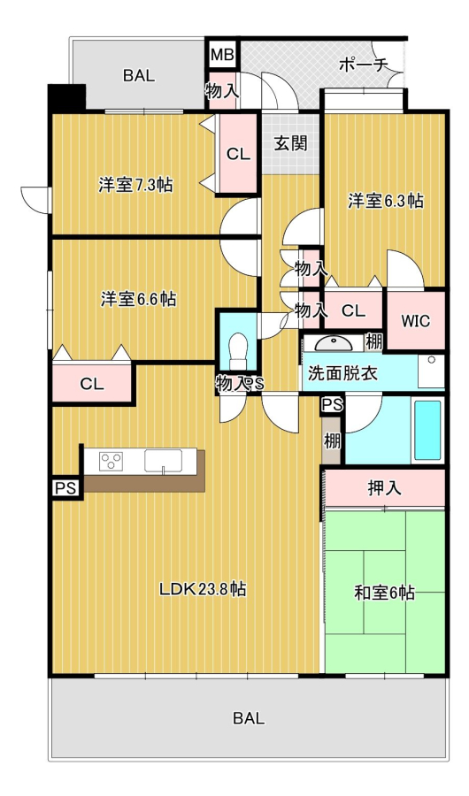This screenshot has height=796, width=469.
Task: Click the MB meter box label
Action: click(x=221, y=54)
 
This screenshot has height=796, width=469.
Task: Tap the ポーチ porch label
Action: click(x=363, y=65)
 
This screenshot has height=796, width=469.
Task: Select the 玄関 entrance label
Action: click(x=291, y=143)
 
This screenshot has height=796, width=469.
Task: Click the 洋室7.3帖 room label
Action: click(x=135, y=185)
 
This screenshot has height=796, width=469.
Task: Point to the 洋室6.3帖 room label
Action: click(x=386, y=201)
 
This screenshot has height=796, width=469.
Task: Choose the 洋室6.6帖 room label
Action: click(x=138, y=299)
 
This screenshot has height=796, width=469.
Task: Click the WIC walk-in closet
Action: click(x=416, y=320)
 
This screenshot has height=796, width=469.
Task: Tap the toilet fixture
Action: click(x=238, y=351)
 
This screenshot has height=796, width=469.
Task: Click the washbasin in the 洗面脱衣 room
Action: click(x=334, y=343)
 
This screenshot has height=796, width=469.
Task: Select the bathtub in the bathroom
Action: click(x=427, y=430)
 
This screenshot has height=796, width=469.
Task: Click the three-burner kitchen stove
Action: click(x=111, y=461)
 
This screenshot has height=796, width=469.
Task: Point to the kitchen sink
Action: click(x=163, y=461)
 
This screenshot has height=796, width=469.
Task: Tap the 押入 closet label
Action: click(x=385, y=488)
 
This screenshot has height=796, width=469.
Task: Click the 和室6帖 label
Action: click(x=385, y=593)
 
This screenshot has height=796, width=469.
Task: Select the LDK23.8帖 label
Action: click(x=204, y=589)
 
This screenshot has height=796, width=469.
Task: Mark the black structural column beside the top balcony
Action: click(x=66, y=98)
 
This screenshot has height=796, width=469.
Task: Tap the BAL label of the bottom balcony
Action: click(x=249, y=718)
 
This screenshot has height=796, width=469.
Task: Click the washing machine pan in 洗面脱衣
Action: click(x=431, y=371)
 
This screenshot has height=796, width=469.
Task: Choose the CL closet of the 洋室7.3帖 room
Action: click(x=238, y=154)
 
